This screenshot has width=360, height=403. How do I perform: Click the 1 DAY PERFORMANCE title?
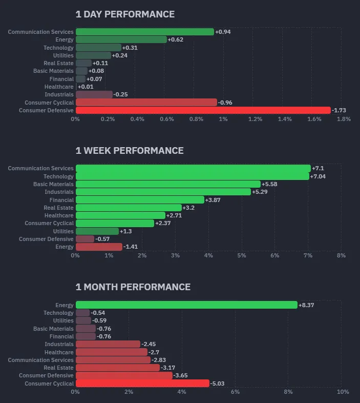coord(125,14)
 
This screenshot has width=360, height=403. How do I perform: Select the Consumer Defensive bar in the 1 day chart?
coord(203,110)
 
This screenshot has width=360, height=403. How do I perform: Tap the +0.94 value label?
coord(223,32)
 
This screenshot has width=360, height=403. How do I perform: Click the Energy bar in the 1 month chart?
coord(186,305)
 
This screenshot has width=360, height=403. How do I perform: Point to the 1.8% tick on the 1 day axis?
coord(344,119)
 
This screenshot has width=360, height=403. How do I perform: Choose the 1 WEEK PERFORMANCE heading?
coord(130,151)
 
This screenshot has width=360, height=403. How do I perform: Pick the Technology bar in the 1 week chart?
coord(192,176)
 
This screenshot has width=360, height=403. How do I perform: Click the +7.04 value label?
coord(318,176)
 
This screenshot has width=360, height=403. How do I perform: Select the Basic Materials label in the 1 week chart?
coord(54,184)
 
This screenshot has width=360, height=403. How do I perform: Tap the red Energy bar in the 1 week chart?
coord(99,247)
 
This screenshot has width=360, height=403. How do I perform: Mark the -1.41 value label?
coord(132,247)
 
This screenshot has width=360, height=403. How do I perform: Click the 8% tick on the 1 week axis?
coord(342,255)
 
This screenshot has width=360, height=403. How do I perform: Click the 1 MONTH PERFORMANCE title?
coord(133,287)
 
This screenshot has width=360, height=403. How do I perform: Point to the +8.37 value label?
coord(307,305)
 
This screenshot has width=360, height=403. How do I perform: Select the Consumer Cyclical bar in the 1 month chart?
coord(142,384)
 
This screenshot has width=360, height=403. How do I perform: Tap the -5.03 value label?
coord(218,384)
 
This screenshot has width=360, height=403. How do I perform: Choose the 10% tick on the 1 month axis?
coord(343,392)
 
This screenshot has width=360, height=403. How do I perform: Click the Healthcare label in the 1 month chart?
coord(59,352)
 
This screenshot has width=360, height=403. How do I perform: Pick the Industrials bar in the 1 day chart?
coord(94,94)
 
